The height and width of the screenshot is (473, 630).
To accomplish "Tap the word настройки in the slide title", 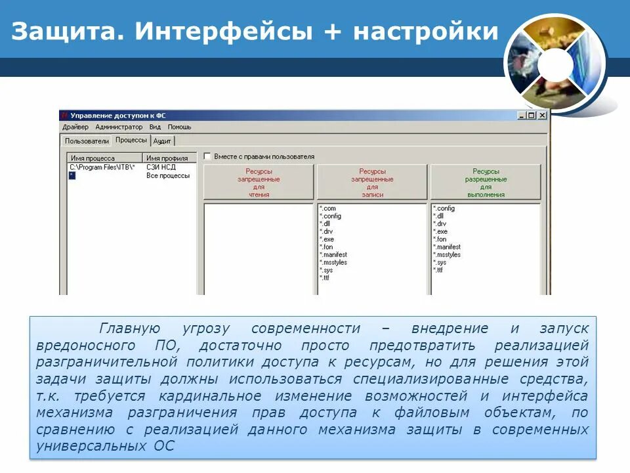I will (426, 31).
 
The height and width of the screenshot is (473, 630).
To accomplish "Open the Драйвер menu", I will (75, 127).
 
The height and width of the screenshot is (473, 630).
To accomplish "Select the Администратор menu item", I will (119, 127).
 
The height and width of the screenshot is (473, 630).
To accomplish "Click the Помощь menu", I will (179, 127).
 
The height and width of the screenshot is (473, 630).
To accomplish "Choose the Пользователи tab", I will (87, 141).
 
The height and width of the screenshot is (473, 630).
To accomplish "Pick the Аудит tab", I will (162, 141).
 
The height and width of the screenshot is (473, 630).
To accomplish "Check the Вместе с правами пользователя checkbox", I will (207, 156).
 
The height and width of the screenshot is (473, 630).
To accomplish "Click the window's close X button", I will (542, 115).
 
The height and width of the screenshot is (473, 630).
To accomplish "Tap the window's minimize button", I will (522, 115).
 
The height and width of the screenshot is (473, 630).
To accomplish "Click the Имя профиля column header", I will (167, 158).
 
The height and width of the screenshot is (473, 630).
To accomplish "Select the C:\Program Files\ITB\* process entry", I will (102, 167).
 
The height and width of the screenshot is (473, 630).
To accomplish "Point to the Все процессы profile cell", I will (168, 175).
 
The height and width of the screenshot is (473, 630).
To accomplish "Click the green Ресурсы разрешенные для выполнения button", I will (486, 183).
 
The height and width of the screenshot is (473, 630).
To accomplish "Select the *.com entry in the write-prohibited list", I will (327, 208).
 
